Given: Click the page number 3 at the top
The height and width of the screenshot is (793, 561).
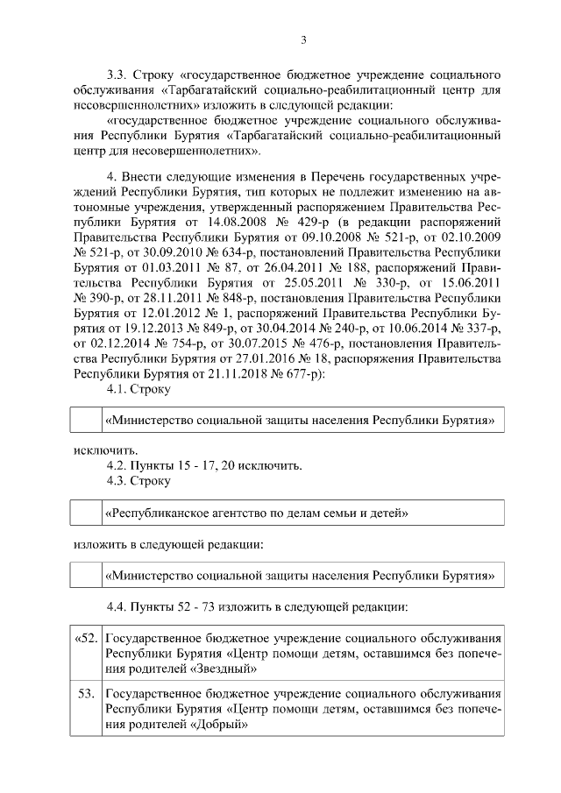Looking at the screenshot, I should tap(302, 39).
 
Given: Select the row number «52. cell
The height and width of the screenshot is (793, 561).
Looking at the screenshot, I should tap(86, 638).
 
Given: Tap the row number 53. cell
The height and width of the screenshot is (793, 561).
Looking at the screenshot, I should tap(86, 694).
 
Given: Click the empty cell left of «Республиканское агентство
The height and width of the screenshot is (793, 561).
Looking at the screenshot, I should tap(87, 512).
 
